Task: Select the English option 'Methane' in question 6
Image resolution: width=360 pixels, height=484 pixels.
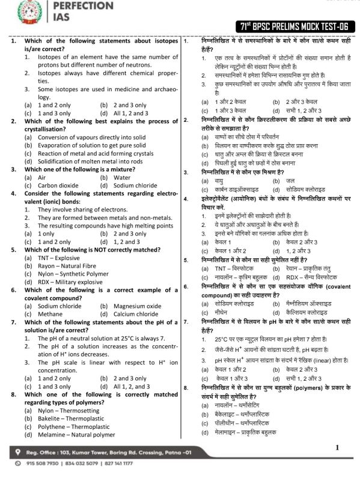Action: (40, 313)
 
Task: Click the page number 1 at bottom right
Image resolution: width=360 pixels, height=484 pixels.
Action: (338, 447)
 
